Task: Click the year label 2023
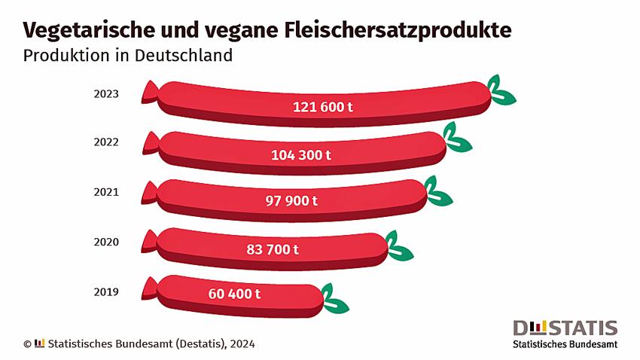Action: (106, 95)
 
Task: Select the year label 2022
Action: (106, 142)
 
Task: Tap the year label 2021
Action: (106, 192)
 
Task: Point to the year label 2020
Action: (106, 243)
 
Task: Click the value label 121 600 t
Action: (323, 107)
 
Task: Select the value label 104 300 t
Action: (301, 155)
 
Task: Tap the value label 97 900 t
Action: (292, 201)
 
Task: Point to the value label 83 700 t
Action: (273, 249)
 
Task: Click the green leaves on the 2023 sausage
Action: (500, 91)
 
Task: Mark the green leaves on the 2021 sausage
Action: (437, 192)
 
